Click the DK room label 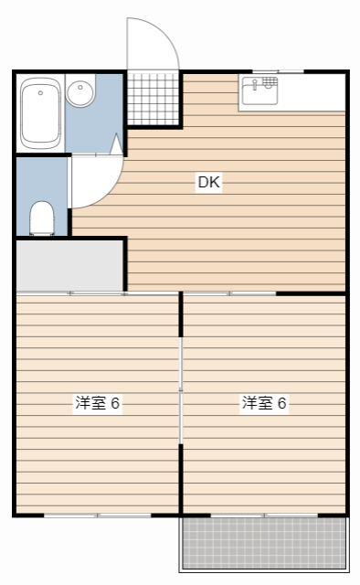pos(209,182)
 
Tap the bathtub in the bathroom pos(40,112)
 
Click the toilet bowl pos(41,218)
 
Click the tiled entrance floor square pos(154,97)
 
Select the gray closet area pos(69,265)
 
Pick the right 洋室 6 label pos(264,403)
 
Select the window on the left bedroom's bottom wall pos(98,516)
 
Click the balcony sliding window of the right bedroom pos(265,516)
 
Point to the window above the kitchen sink pos(278,70)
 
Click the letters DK pos(209,182)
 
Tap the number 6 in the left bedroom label pos(116,403)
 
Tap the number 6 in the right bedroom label pos(282,403)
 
